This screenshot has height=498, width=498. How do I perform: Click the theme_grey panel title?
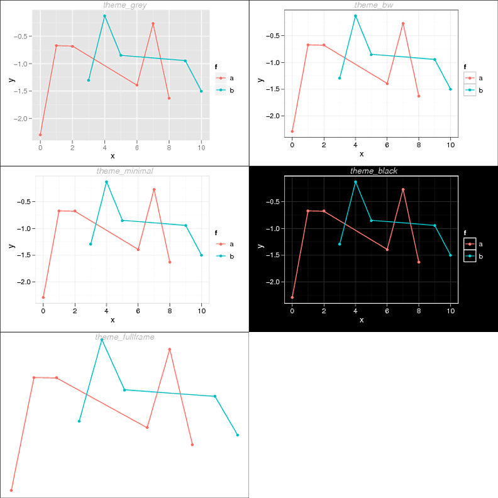pyautogui.click(x=124, y=5)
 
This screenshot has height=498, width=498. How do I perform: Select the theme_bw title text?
pyautogui.click(x=373, y=5)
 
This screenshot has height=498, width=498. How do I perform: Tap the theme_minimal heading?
pyautogui.click(x=124, y=171)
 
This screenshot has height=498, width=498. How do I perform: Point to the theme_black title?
pyautogui.click(x=373, y=171)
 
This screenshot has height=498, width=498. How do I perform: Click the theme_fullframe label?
pyautogui.click(x=124, y=337)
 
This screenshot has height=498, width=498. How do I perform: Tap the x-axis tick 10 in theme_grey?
pyautogui.click(x=201, y=148)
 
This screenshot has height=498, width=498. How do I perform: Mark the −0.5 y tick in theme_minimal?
pyautogui.click(x=26, y=202)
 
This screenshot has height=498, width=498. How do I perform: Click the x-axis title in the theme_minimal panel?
pyautogui.click(x=113, y=321)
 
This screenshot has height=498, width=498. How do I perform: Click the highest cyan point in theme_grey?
pyautogui.click(x=104, y=16)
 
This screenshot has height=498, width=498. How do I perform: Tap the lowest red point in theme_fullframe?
pyautogui.click(x=11, y=490)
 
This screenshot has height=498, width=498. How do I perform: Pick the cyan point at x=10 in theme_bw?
pyautogui.click(x=450, y=89)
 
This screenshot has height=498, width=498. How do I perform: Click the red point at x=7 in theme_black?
pyautogui.click(x=403, y=189)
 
